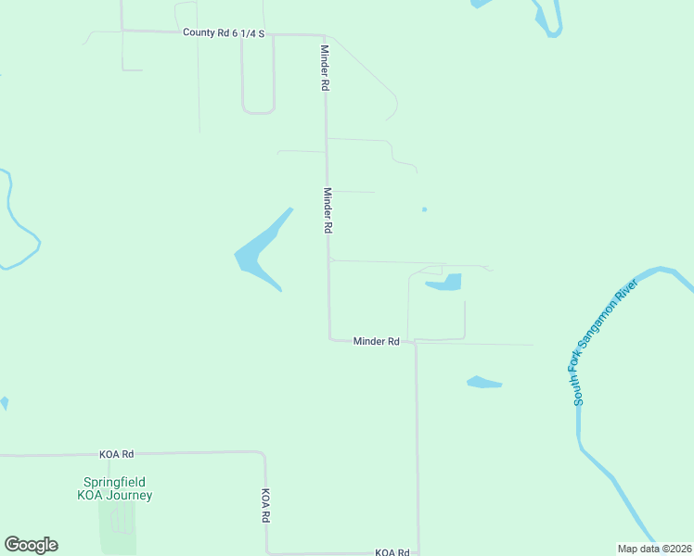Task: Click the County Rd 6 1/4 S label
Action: point(224,33)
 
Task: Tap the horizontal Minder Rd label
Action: point(376,342)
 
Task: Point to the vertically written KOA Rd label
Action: point(265,505)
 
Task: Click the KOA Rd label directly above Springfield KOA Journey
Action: point(117,454)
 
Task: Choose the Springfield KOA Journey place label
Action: point(116,488)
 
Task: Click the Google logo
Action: point(31,545)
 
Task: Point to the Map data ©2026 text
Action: point(654,548)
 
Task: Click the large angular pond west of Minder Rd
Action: point(257,253)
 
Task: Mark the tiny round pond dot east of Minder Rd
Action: point(424,208)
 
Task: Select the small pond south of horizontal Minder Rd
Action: point(483,382)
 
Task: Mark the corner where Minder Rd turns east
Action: point(329,339)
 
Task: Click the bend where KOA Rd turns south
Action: point(263,454)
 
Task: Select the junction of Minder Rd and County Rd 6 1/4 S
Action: point(322,35)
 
